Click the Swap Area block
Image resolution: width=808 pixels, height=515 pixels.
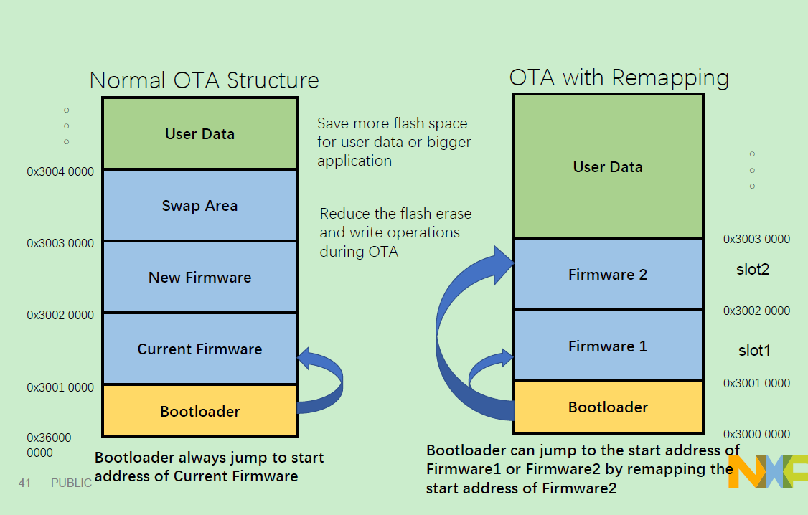200,205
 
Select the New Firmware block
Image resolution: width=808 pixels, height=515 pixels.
200,277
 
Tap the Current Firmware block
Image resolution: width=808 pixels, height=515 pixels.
200,349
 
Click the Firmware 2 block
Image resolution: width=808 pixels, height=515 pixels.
608,274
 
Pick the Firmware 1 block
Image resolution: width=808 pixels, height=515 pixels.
608,346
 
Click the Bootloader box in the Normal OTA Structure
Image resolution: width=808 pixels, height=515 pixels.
200,411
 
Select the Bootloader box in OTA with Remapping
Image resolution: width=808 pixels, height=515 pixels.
608,407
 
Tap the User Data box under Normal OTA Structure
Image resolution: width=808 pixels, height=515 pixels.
200,133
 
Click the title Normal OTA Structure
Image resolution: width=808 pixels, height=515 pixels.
204,80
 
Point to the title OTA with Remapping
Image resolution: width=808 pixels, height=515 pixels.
619,78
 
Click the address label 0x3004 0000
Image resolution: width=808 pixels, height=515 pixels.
60,171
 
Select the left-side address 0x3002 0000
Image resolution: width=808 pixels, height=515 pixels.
60,315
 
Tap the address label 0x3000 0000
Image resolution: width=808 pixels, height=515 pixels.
756,434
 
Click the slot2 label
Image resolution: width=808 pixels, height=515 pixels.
753,269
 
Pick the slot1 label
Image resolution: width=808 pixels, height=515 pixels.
754,350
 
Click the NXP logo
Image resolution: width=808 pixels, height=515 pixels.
768,471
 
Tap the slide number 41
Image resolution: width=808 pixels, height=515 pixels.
24,483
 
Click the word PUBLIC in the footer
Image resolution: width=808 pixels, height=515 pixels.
71,483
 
